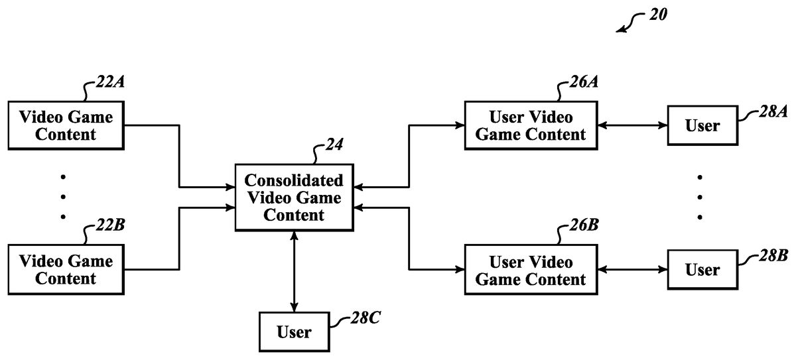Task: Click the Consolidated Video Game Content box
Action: click(294, 198)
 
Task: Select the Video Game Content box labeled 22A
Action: click(66, 125)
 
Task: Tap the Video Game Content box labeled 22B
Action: click(66, 269)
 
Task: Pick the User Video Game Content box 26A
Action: click(530, 125)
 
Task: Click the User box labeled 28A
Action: click(702, 125)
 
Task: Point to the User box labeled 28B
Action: click(702, 270)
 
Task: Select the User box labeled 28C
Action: click(294, 331)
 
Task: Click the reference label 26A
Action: click(584, 84)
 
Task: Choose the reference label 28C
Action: click(365, 318)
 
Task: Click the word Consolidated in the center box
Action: click(294, 180)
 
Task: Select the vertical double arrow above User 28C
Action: click(294, 271)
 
